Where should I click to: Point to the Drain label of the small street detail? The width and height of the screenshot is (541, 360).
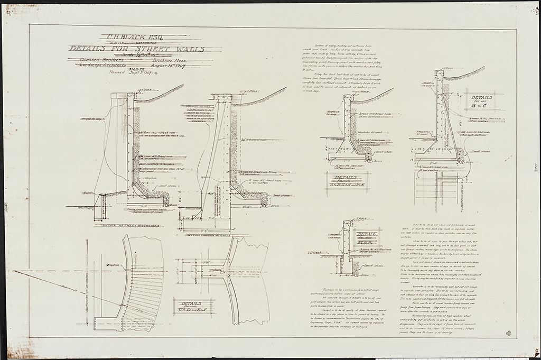pos(363,275)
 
